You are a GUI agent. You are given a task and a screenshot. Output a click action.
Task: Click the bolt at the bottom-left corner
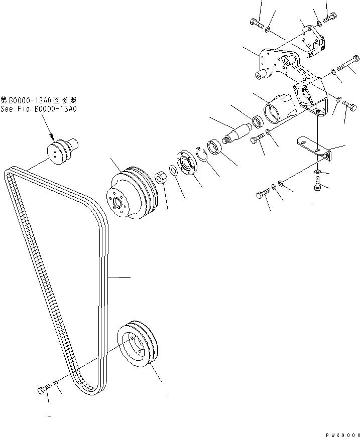[x=44, y=389]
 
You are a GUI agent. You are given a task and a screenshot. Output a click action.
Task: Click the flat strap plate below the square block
[x=313, y=147]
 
